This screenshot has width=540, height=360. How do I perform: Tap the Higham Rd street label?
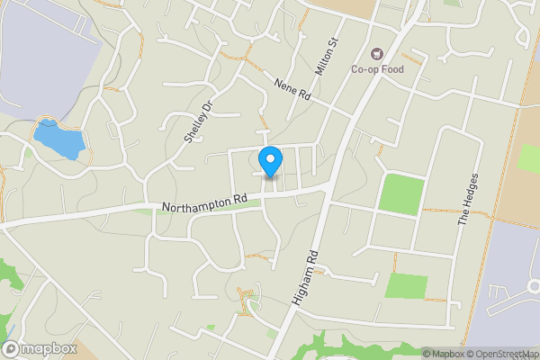coord(306,281)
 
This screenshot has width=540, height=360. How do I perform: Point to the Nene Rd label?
coord(292,88)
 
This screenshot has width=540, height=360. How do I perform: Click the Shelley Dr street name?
coord(197,121)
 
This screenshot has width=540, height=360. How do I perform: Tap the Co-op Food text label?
coord(377,69)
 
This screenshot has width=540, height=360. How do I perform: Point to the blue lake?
coord(59,139)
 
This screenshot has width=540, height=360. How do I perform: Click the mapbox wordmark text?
coord(49,348)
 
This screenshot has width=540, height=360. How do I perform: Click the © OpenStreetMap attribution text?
coord(503,354)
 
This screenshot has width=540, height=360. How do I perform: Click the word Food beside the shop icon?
coord(390,69)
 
